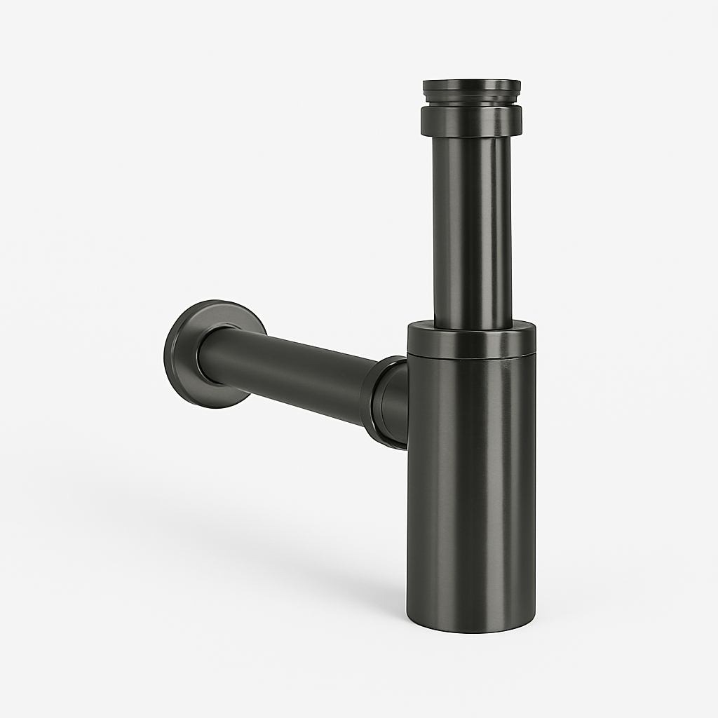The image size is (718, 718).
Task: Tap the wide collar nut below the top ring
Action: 471,121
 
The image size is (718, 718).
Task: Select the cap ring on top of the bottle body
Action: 471,340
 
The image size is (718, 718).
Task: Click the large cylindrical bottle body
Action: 471,477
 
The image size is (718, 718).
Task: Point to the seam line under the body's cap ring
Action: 471,356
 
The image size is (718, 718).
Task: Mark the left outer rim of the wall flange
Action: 168,354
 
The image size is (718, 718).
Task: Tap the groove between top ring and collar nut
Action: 471,104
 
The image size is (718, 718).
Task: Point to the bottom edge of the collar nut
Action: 471,135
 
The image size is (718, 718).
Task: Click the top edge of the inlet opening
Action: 471,81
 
